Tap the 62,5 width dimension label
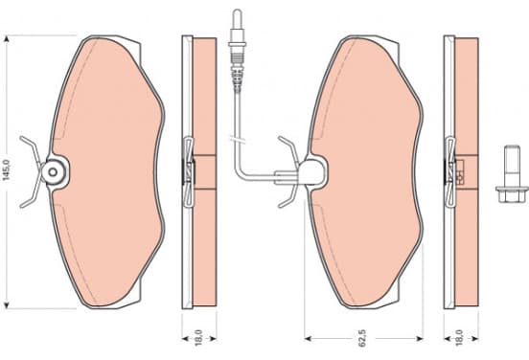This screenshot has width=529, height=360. (361, 338)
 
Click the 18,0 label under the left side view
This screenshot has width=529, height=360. (198, 338)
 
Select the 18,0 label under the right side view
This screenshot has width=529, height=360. (459, 338)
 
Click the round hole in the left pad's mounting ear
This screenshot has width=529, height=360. (53, 172)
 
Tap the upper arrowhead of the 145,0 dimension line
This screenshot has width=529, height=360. (7, 40)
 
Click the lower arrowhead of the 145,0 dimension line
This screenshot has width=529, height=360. (7, 304)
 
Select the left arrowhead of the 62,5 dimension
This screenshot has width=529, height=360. (308, 338)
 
